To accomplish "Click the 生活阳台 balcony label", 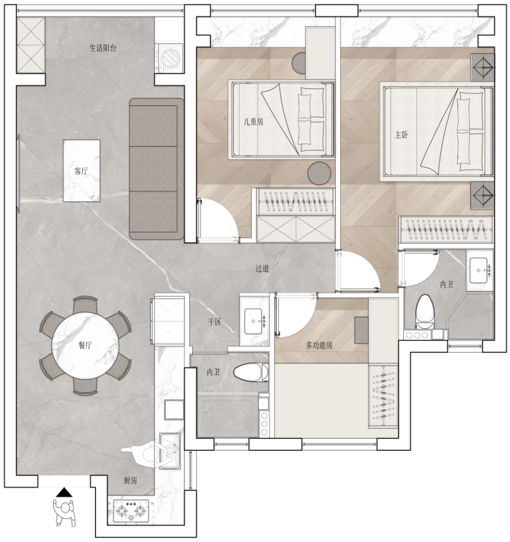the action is click(103, 48).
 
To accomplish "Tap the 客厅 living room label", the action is click(81, 171).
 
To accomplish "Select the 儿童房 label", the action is click(253, 121).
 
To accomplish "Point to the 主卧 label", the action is click(401, 135).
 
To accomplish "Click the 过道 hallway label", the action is click(262, 268).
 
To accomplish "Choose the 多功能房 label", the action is click(319, 345).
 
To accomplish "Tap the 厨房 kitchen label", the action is click(130, 481).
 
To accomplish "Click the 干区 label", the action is click(214, 322).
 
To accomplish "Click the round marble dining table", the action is click(85, 346).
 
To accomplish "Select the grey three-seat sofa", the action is click(156, 169).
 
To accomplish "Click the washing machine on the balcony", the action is click(169, 57).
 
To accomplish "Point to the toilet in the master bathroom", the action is click(424, 311).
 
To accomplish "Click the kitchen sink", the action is click(170, 451).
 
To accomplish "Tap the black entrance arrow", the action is click(64, 492).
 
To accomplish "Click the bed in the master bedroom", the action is click(437, 132).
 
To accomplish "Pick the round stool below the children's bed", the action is click(319, 173).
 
